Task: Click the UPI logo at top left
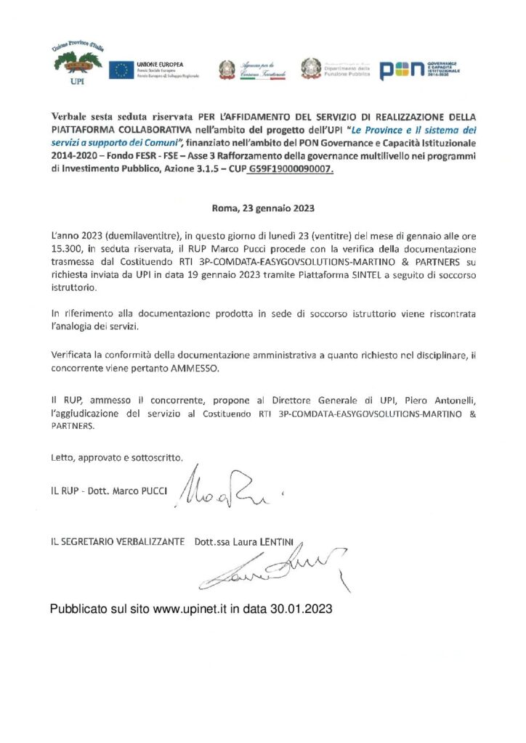(x=78, y=64)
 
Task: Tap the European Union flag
(x=120, y=70)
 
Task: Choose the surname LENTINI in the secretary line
(x=280, y=541)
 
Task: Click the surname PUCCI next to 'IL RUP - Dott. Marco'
(x=150, y=491)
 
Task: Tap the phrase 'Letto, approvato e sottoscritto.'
(x=117, y=458)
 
